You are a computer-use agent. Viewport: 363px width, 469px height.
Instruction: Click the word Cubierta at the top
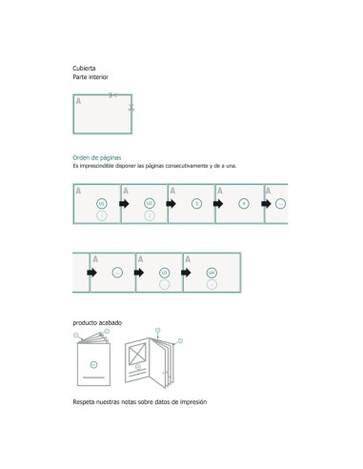[84, 68]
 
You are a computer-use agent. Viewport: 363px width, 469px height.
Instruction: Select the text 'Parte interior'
[91, 76]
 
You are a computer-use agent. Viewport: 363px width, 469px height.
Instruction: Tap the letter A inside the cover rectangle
[78, 99]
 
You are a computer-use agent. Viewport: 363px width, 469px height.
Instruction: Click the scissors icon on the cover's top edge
[112, 94]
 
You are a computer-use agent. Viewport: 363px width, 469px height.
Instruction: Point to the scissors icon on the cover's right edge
[131, 109]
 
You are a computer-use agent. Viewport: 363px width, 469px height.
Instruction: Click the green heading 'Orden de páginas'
[96, 157]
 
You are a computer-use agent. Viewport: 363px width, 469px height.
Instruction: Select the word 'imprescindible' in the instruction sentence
[105, 166]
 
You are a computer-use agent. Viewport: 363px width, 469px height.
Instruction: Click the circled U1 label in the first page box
[101, 203]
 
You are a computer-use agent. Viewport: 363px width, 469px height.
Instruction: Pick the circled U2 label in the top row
[149, 203]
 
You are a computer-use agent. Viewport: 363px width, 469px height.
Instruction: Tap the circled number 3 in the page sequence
[195, 203]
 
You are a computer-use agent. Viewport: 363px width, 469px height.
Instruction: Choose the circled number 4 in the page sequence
[243, 203]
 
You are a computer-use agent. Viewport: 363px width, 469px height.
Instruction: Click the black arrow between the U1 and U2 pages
[124, 203]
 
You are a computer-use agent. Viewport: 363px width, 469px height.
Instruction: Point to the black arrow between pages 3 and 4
[218, 203]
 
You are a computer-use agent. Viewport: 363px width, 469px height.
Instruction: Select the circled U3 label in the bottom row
[164, 273]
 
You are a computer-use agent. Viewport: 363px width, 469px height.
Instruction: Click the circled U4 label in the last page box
[212, 273]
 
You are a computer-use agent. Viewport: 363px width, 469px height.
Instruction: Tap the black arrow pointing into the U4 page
[187, 273]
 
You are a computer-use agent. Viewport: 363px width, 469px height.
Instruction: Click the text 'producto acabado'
[97, 323]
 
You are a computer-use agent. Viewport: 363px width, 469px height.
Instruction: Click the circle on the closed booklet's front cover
[93, 365]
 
